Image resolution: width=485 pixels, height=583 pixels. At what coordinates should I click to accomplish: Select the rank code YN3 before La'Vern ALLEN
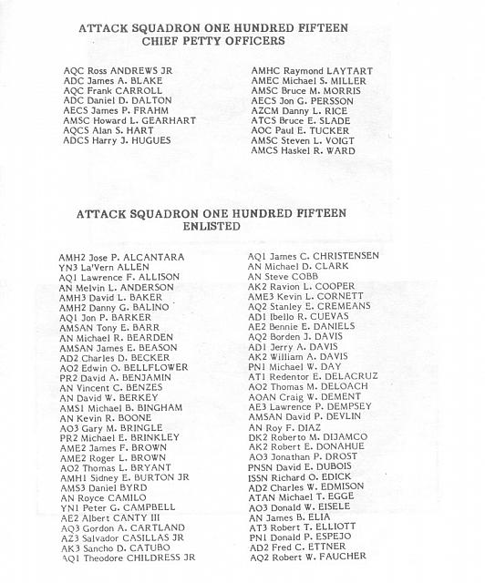70,268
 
